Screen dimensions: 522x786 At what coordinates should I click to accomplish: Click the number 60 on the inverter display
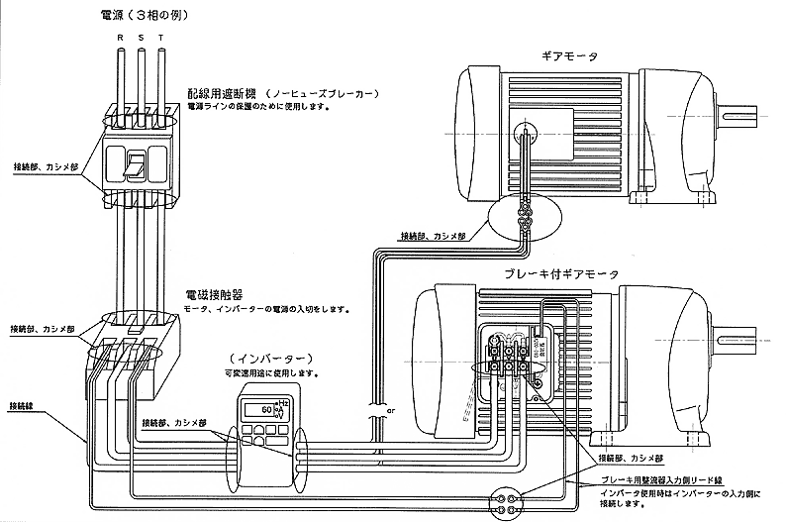[x=266, y=408]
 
